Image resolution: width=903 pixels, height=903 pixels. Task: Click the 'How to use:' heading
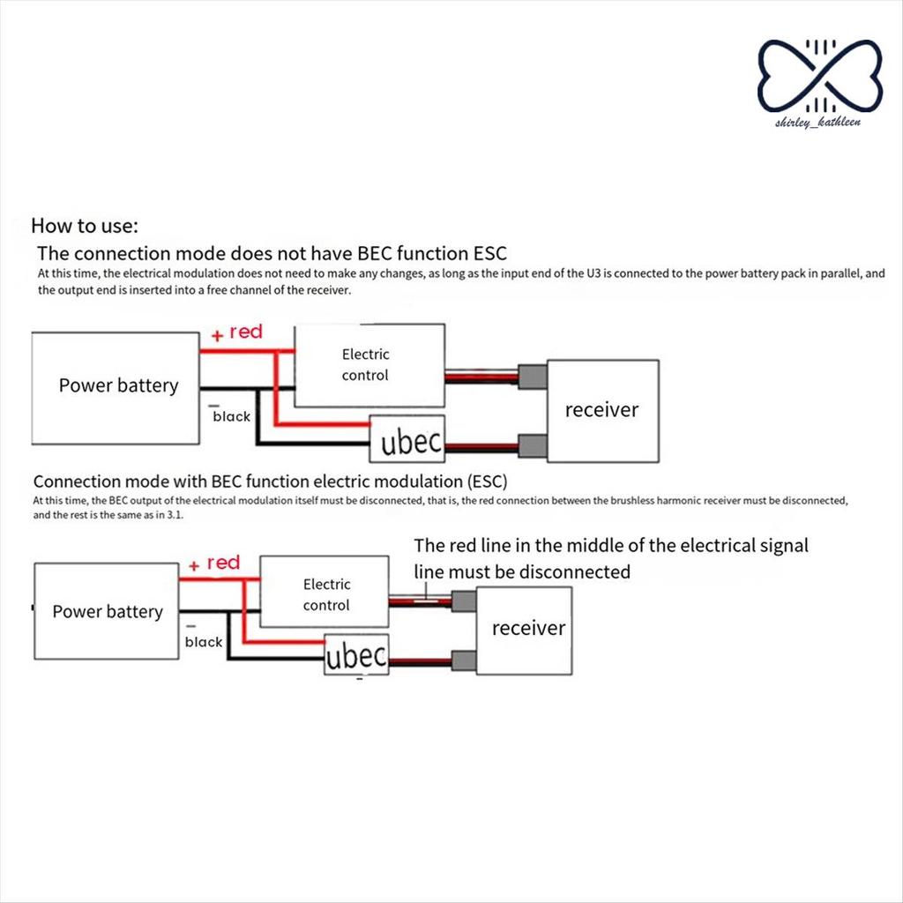85,225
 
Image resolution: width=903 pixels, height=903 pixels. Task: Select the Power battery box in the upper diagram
116,385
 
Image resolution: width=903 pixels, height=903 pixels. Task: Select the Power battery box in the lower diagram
107,612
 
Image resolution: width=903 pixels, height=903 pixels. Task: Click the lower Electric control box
326,595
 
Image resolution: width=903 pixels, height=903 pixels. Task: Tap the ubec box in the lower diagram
356,656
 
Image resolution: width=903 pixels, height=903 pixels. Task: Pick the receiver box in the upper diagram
602,410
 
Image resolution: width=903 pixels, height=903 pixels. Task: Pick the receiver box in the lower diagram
526,628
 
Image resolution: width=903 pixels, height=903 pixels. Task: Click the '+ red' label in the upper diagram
237,332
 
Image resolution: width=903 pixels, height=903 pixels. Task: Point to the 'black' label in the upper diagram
231,416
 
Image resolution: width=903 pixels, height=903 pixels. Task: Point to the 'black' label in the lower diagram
204,642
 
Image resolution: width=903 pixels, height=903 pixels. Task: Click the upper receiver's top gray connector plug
533,377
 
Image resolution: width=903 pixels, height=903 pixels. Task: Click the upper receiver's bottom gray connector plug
533,445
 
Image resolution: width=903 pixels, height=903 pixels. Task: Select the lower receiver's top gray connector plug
463,601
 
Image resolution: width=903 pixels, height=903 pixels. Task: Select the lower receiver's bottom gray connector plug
463,660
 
